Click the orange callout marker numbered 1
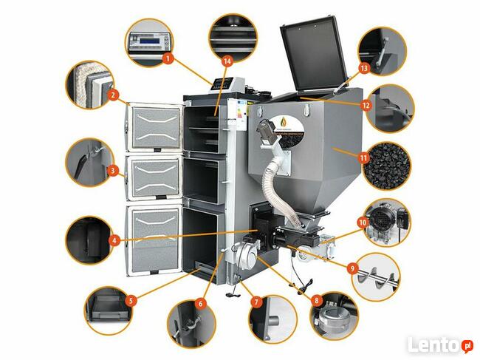click(x=168, y=57)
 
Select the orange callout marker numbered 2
click(x=112, y=95)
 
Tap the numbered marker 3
click(x=112, y=171)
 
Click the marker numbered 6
click(x=200, y=302)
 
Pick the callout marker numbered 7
click(x=256, y=302)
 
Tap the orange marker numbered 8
click(x=317, y=301)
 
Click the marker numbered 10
click(x=363, y=221)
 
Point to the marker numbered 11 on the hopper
click(x=363, y=157)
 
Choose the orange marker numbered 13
click(x=363, y=67)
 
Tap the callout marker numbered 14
click(x=227, y=59)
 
